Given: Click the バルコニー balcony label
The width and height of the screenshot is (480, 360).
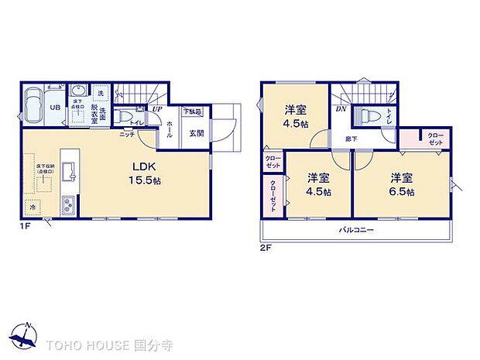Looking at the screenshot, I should [356, 231].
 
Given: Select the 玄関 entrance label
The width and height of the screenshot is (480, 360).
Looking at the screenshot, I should [195, 132].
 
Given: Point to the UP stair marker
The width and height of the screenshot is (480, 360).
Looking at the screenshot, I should [156, 109].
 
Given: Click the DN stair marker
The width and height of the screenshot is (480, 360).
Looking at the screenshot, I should [340, 109].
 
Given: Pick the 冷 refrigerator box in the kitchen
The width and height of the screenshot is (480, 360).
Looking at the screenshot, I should [33, 207].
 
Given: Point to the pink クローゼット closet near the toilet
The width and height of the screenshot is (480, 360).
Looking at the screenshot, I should [434, 139].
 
